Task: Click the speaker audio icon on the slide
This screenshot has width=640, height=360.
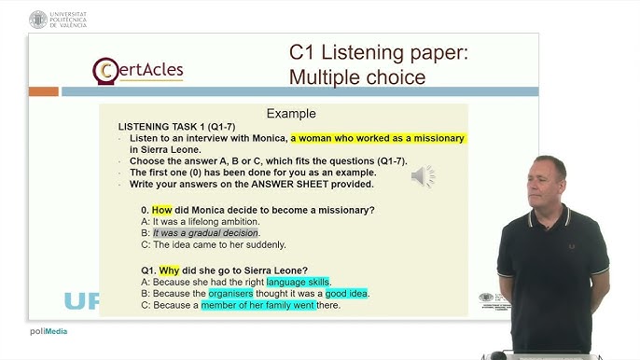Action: pyautogui.click(x=423, y=175)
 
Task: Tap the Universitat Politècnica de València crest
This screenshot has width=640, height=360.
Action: pyautogui.click(x=37, y=19)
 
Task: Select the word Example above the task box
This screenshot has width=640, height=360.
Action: pyautogui.click(x=291, y=114)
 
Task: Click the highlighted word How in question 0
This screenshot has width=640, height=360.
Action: pyautogui.click(x=163, y=210)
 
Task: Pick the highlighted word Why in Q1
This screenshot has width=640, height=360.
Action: pyautogui.click(x=169, y=270)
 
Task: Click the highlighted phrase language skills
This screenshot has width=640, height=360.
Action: pyautogui.click(x=298, y=282)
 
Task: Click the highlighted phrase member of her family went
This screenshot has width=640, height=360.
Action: pyautogui.click(x=257, y=304)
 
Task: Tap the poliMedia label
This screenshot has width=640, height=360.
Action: pyautogui.click(x=47, y=331)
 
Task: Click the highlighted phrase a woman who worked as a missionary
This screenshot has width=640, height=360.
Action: pyautogui.click(x=377, y=138)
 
